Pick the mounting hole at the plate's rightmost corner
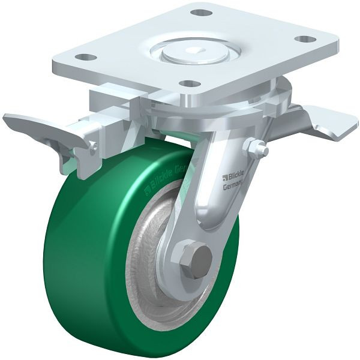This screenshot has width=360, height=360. coord(305,39)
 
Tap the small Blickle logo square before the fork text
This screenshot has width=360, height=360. coord(224,177)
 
